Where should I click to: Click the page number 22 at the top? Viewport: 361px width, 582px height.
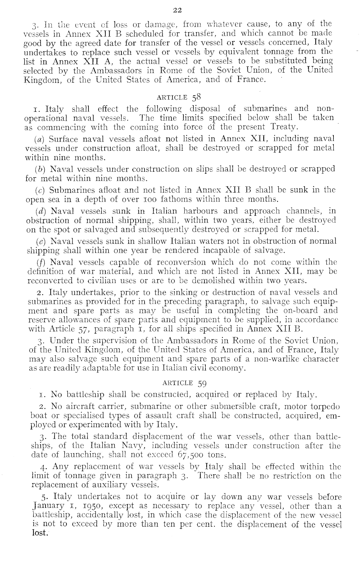pyautogui.click(x=177, y=10)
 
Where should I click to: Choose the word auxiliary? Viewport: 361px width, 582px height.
pyautogui.click(x=110, y=485)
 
